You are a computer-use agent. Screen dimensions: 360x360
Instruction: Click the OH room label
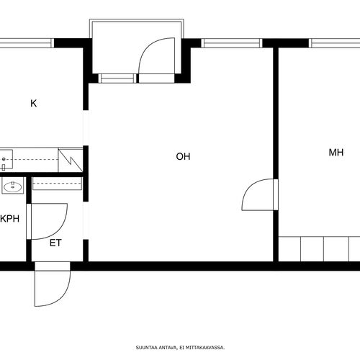[x=183, y=156]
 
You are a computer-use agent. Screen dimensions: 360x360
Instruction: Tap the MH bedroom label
[x=336, y=153]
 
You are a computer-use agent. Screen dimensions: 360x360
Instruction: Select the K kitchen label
[x=34, y=103]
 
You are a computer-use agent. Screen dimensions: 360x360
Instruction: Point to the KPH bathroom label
[x=10, y=219]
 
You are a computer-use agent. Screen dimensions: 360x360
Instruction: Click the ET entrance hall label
[x=55, y=243]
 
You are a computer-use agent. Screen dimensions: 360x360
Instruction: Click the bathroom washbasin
[x=13, y=186]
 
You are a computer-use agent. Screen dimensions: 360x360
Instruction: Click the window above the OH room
[x=232, y=43]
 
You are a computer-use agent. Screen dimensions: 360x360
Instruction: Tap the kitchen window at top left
[x=26, y=43]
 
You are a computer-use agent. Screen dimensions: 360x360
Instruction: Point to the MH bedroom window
[x=334, y=43]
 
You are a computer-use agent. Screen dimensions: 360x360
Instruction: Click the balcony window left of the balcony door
[x=117, y=78]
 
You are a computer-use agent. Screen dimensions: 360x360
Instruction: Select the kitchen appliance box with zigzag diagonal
[x=71, y=160]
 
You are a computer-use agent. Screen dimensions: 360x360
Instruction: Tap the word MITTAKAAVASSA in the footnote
[x=205, y=347]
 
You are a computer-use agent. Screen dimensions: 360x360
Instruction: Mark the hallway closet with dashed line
[x=57, y=184]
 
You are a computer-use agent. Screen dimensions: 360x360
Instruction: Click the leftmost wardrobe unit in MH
[x=289, y=249]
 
